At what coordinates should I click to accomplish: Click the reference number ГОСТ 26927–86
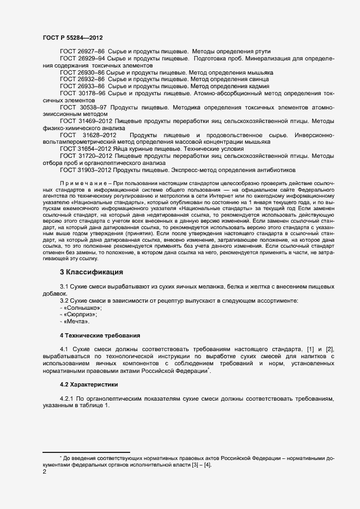point(82,51)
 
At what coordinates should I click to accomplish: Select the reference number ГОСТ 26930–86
point(82,72)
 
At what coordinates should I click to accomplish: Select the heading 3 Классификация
point(91,272)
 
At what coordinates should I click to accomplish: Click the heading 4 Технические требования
point(100,335)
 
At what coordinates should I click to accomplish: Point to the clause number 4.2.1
point(66,399)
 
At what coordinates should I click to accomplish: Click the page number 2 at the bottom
point(45,472)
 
